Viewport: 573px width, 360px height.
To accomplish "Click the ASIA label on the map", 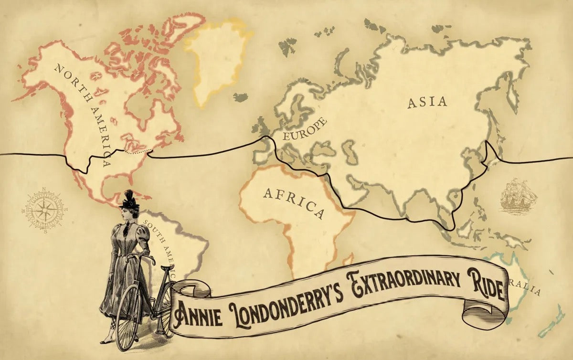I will pos(427,102).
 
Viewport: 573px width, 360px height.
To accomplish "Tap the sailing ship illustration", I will pos(518,196).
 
